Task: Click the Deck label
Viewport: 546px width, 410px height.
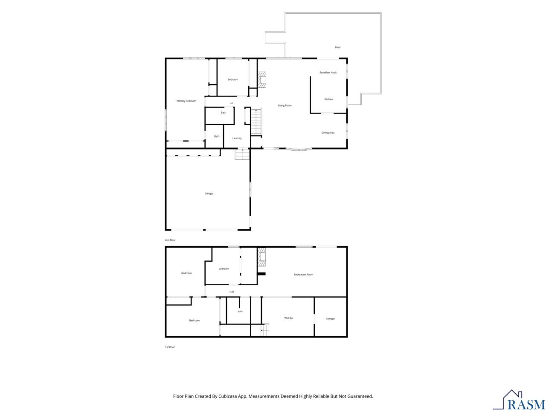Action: coord(337,47)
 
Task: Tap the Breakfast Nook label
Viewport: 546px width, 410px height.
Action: coord(328,73)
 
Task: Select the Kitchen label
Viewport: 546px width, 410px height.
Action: coord(328,99)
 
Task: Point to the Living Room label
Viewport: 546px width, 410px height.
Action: coord(285,105)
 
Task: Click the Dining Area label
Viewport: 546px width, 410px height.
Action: coord(328,133)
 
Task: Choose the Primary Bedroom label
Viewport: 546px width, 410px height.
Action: coord(186,101)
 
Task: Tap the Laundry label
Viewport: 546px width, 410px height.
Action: coord(237,138)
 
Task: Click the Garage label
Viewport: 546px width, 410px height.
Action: coord(209,193)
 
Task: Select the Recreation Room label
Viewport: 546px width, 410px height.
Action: coord(303,274)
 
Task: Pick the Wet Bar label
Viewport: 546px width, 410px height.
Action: coord(289,318)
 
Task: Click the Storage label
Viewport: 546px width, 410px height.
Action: coord(330,319)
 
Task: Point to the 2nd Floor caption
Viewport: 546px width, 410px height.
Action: coord(170,240)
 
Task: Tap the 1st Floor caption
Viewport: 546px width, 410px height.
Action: coord(170,347)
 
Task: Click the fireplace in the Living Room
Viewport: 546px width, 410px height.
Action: coord(261,80)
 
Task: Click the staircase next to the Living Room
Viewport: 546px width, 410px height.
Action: coord(256,122)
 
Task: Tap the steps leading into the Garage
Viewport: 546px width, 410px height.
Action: coord(242,154)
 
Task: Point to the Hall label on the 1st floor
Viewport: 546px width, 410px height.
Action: coord(232,292)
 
